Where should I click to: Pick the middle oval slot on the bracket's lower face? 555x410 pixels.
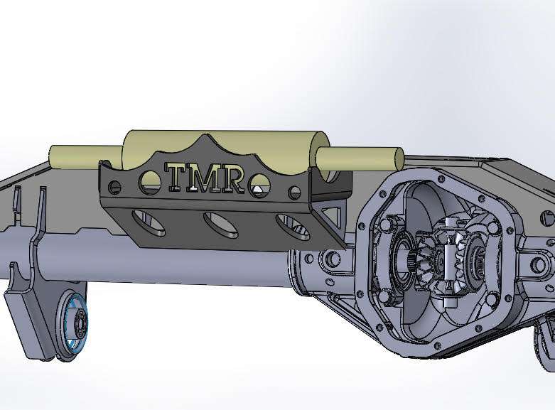222,224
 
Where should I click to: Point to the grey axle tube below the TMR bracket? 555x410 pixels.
178,266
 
